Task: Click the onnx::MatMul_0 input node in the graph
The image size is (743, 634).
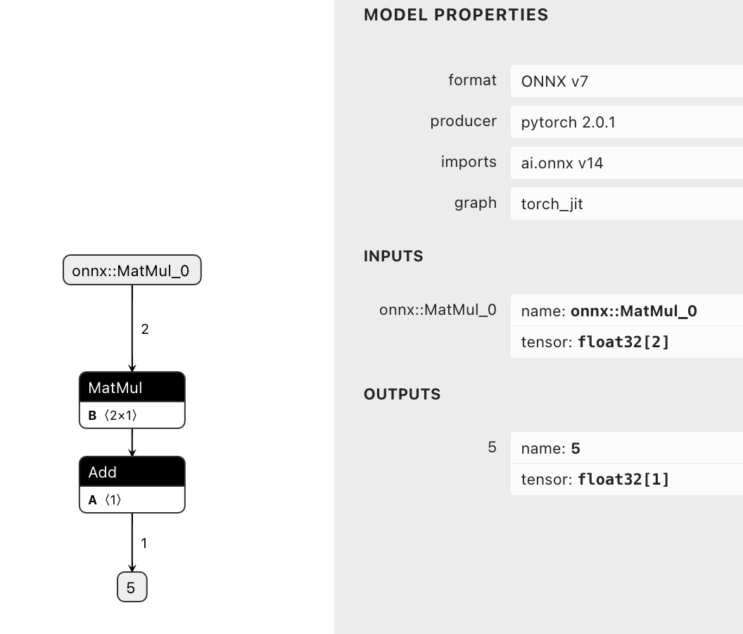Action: (132, 271)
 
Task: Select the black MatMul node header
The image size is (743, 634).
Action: (132, 387)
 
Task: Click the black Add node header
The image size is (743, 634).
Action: (132, 472)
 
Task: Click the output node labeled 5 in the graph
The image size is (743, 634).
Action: (132, 587)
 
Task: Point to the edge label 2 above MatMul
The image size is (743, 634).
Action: (145, 329)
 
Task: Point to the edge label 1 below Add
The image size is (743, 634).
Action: (144, 543)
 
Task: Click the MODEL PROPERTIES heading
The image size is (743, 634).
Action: (456, 15)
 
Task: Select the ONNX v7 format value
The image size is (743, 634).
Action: (554, 82)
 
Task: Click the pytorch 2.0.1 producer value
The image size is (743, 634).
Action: (569, 123)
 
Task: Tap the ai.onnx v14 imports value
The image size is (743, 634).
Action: (562, 163)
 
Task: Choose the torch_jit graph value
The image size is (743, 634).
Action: (552, 204)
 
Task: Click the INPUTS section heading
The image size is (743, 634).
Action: (393, 256)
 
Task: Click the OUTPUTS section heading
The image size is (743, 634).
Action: (402, 394)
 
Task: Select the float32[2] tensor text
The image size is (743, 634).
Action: (623, 342)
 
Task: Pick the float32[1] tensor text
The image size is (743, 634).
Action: (623, 480)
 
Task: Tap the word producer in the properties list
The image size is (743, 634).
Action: (463, 121)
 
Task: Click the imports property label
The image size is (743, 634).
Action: (469, 162)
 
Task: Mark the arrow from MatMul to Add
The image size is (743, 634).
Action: (132, 442)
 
